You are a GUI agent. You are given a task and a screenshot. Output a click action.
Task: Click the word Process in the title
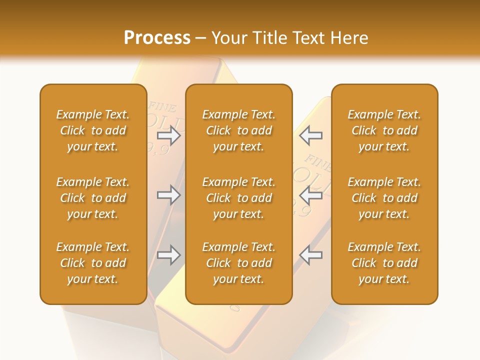coord(157,38)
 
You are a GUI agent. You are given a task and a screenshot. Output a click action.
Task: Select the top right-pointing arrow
coord(168,135)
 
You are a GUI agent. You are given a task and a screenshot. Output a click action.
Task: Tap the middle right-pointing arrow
coord(168,195)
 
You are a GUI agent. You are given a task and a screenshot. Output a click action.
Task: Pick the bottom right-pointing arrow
coord(168,255)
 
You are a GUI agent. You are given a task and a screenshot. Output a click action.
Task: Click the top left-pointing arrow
coord(311,135)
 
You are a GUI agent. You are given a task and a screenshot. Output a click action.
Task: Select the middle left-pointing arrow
coord(311,195)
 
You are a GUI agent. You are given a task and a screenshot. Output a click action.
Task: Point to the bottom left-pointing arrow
coord(311,255)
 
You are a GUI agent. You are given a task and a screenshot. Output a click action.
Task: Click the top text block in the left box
coord(93,130)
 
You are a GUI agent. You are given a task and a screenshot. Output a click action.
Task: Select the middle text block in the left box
coord(93,198)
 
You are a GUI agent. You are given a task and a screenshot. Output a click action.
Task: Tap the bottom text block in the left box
coord(93,263)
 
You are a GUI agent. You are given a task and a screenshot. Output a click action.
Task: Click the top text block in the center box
coord(239,130)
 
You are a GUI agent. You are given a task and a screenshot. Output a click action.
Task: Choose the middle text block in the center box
coord(239,198)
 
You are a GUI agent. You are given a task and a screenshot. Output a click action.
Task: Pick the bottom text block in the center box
coord(239,263)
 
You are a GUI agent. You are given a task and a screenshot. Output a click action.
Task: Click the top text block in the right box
coord(384,130)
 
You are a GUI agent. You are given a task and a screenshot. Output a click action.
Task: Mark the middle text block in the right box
coord(384,198)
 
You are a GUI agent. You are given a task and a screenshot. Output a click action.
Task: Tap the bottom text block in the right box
coord(384,263)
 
